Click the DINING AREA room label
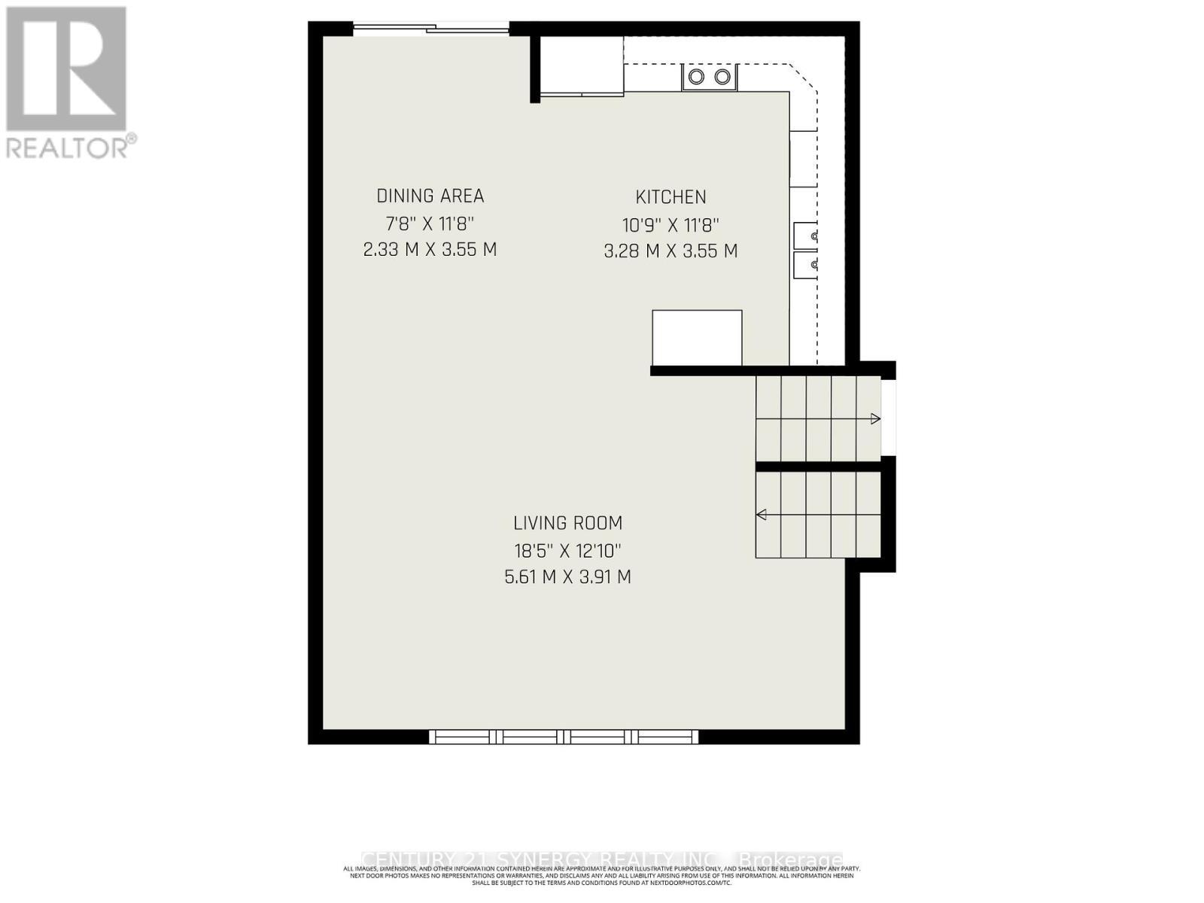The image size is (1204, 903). (430, 196)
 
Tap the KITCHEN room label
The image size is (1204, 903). (670, 198)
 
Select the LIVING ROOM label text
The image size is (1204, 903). (567, 523)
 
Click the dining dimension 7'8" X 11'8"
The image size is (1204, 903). (430, 223)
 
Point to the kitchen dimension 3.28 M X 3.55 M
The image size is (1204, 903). (670, 251)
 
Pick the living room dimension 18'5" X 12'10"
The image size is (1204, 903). (567, 551)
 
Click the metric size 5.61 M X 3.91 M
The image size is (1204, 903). (567, 578)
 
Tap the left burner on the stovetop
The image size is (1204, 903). (697, 77)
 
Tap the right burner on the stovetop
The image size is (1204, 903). (722, 77)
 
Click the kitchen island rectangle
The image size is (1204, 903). (697, 338)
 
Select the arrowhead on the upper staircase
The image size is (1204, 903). (875, 419)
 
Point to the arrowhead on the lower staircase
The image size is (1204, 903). (762, 515)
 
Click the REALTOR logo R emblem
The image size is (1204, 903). (66, 68)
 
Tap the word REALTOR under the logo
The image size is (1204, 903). (68, 147)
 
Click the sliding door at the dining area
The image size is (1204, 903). (431, 29)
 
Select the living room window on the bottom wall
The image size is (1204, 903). (564, 737)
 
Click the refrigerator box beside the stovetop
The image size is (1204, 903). (582, 66)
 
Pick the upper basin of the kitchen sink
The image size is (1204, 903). (804, 236)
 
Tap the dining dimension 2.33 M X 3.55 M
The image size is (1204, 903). (430, 250)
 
